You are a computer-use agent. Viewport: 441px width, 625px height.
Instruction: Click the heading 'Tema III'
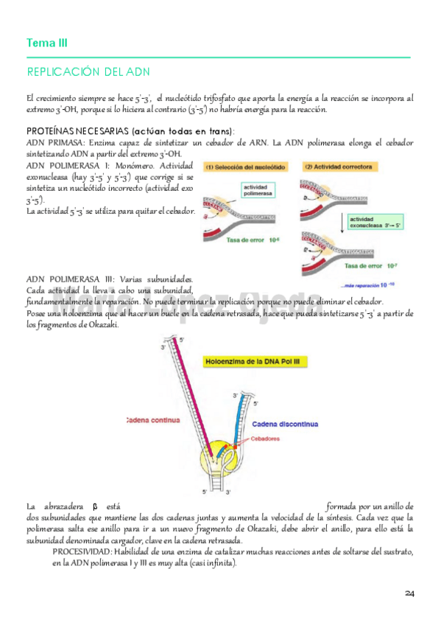46,43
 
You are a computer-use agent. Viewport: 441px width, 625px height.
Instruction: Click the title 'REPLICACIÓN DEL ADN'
88,71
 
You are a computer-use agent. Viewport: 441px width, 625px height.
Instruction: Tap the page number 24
409,593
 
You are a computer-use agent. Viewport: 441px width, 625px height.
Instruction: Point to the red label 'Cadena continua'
153,421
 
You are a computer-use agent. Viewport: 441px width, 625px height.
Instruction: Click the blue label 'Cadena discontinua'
286,425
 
